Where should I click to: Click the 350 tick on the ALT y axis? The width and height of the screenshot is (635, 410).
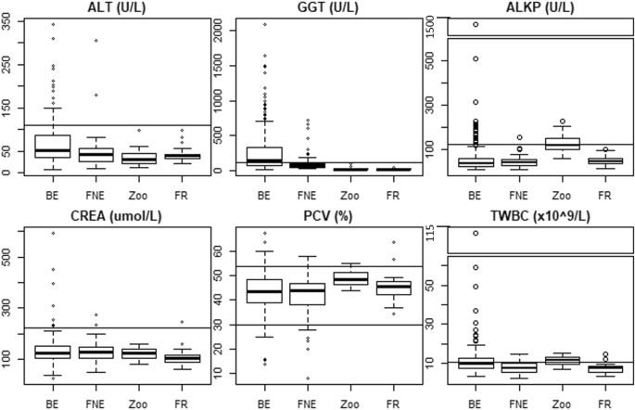point(8,24)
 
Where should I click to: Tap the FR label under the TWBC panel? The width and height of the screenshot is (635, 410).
point(603,404)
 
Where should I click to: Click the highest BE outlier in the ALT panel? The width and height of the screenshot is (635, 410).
point(53,24)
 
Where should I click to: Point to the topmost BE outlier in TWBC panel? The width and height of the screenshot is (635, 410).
point(476,233)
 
